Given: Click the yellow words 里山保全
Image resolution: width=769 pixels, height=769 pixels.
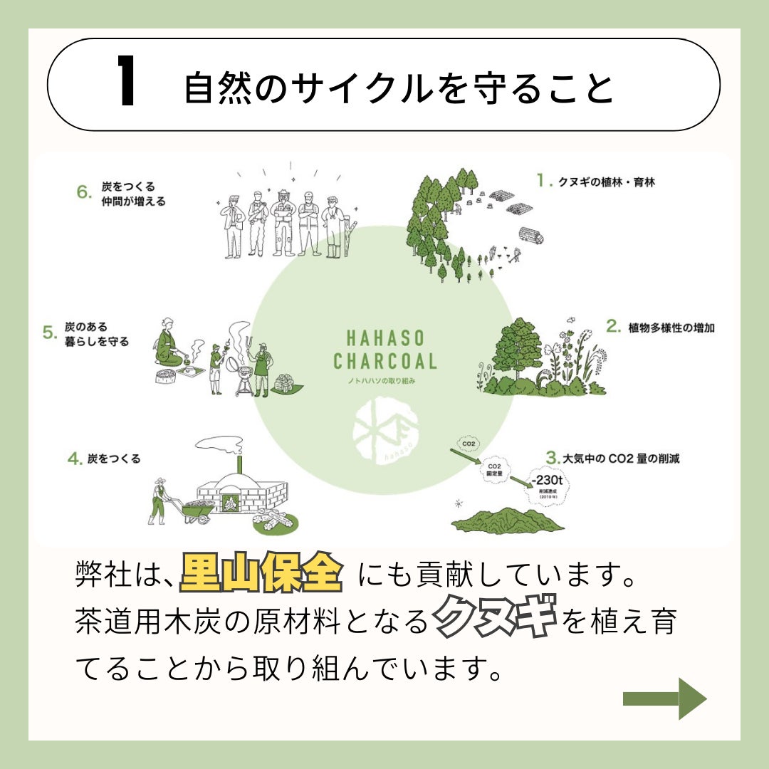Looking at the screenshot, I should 261,574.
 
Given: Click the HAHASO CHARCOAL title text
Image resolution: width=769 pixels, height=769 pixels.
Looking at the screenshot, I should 384,350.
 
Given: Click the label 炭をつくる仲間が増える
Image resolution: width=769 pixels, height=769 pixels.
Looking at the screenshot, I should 132,194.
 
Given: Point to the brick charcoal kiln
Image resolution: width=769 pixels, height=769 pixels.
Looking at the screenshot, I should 242,491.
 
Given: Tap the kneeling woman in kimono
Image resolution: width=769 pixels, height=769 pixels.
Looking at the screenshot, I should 169,345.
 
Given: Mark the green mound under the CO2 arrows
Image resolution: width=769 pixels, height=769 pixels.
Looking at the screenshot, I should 508,520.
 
